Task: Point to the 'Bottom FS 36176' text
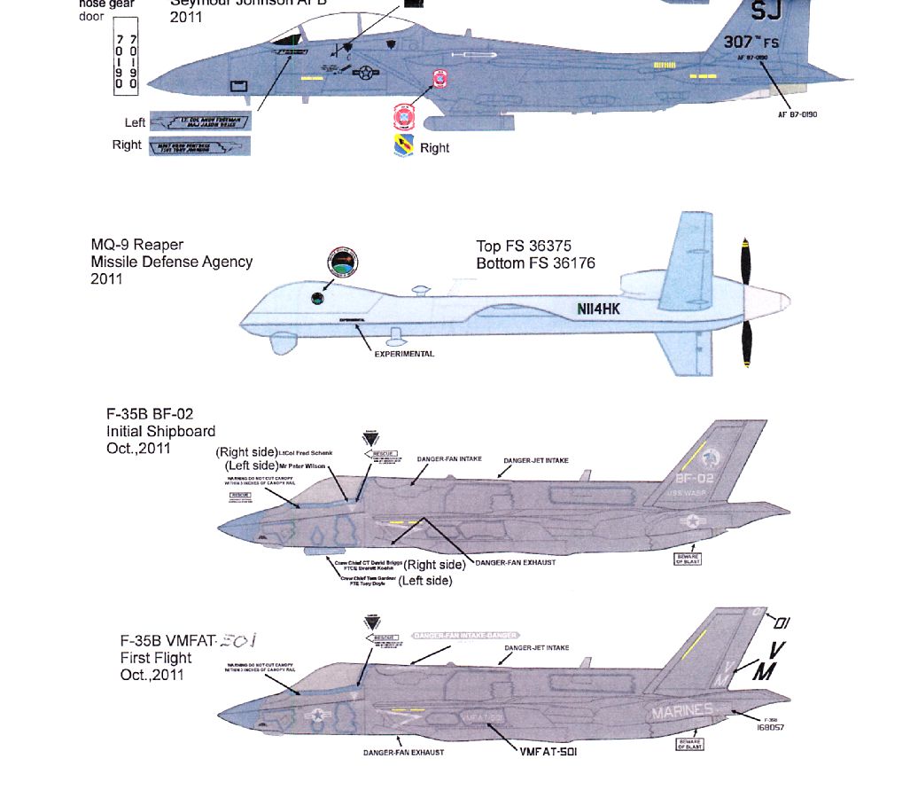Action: [x=535, y=263]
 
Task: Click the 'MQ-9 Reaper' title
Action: [x=137, y=245]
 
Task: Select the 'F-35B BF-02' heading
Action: [x=150, y=414]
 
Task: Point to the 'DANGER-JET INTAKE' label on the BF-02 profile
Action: [x=536, y=460]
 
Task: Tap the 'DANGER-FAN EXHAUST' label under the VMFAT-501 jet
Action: [x=403, y=752]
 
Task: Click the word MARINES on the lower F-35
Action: [x=681, y=711]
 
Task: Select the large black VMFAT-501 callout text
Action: [x=548, y=752]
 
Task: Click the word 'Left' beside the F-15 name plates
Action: [x=135, y=122]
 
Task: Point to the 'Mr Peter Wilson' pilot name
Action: [x=300, y=465]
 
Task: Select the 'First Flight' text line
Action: [x=156, y=658]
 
